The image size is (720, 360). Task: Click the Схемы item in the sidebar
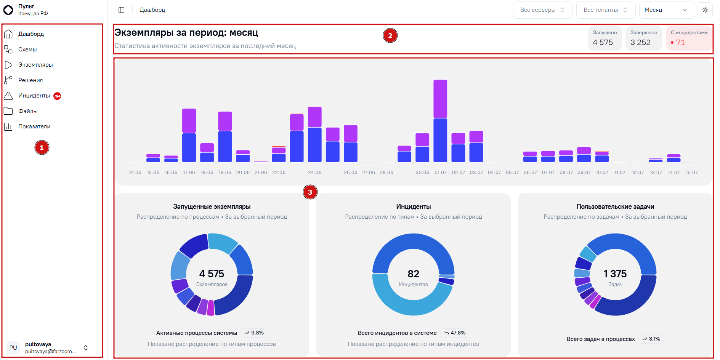coord(27,50)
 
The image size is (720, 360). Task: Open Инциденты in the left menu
coord(34,96)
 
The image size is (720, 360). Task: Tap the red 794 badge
coord(57,96)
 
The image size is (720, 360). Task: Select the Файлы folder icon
coord(8,111)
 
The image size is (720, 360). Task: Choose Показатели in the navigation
coord(34,126)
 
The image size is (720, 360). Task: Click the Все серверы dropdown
coord(542,10)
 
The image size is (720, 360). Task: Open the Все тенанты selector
coord(606,10)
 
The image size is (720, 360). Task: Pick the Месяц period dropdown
coord(666,10)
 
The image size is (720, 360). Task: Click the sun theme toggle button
coord(705,10)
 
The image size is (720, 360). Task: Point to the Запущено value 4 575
coord(603,42)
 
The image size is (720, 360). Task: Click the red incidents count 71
coord(680,42)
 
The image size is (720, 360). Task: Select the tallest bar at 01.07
coord(440,121)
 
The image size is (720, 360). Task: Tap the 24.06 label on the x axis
coord(315,173)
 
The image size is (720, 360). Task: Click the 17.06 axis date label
coord(189,173)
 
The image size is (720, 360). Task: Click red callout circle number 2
coord(390,35)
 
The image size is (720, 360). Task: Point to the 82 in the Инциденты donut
coord(414,274)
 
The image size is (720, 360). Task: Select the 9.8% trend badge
coord(254,333)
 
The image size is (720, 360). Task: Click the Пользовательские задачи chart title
coord(615,206)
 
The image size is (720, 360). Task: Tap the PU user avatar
coord(13,348)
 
